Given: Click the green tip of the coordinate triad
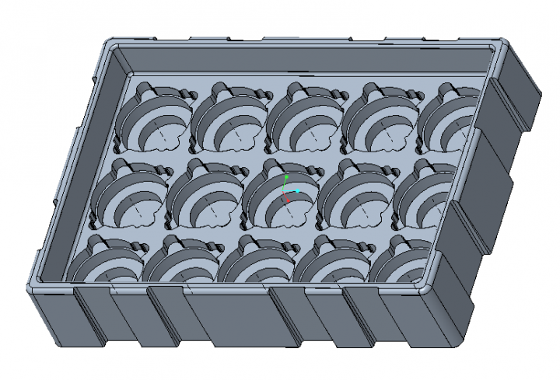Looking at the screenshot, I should [x=286, y=177].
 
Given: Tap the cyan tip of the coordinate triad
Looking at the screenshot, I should [x=298, y=191].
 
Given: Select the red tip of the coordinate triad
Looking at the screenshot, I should [x=288, y=201].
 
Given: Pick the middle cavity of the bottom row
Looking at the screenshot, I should [x=257, y=264].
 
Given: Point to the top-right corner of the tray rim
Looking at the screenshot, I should [x=498, y=48].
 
